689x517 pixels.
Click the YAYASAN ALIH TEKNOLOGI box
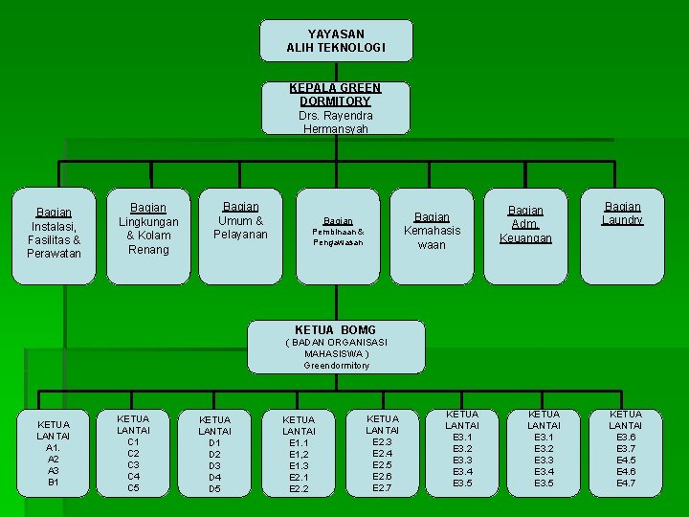336,40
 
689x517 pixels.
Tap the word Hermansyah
335,128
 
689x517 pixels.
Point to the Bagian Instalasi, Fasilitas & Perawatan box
54,236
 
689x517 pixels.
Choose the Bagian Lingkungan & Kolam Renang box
148,236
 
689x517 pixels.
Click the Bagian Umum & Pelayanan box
240,236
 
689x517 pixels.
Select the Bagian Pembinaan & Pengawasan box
338,236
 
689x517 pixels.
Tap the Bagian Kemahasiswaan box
432,236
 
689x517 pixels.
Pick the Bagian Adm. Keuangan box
525,236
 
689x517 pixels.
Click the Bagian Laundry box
622,236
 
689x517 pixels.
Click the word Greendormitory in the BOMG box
336,366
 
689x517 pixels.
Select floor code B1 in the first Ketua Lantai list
54,483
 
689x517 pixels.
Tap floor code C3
133,464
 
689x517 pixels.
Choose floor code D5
214,488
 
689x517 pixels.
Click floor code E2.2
299,488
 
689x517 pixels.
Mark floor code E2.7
382,488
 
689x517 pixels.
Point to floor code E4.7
626,483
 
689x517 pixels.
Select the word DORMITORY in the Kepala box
334,101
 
